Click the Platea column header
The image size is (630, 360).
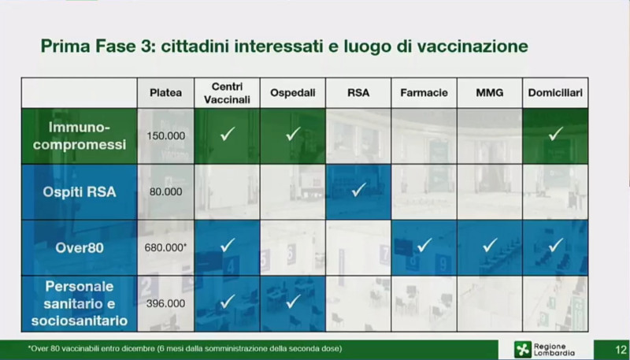tap(165, 93)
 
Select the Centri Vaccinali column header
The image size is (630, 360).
tap(227, 93)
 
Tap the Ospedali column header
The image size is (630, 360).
tap(292, 93)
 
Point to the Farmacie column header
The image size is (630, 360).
tap(424, 93)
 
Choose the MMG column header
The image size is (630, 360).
tap(489, 93)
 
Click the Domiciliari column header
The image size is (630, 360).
tap(555, 93)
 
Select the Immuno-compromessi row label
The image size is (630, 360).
tap(80, 135)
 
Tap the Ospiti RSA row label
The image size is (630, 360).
tap(80, 191)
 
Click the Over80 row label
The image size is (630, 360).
tap(80, 247)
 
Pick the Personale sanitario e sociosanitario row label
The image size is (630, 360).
tap(80, 303)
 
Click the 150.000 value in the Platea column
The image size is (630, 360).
tap(165, 135)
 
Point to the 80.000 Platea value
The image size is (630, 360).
tap(165, 191)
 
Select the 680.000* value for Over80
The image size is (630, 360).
tap(165, 247)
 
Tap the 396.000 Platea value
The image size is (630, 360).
tap(165, 303)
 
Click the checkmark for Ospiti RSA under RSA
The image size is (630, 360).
tap(358, 190)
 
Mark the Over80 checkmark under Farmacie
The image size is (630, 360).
tap(424, 245)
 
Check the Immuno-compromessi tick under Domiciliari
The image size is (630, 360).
tap(556, 133)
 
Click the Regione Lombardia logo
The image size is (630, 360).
tap(545, 349)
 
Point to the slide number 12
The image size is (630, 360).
tap(621, 349)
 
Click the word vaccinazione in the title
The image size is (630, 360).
tap(472, 46)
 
